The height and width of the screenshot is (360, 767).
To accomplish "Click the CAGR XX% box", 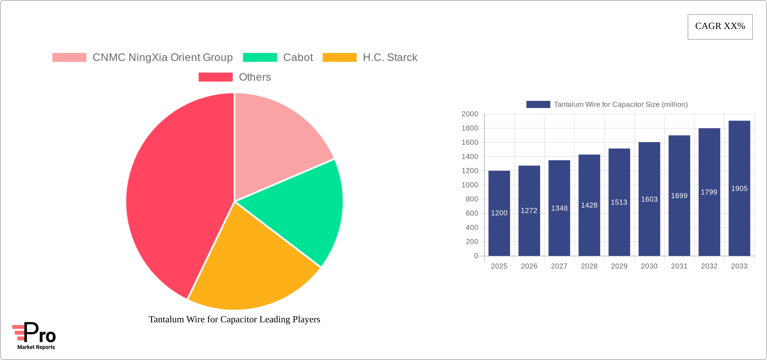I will [x=720, y=27].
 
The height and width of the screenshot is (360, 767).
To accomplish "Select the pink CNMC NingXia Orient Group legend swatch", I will [x=69, y=58].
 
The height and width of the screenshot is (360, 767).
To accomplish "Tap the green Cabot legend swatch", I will [x=260, y=58].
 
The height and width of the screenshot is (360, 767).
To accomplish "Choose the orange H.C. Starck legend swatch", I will [x=339, y=58].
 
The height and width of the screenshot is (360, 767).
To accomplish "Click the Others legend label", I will [x=255, y=77].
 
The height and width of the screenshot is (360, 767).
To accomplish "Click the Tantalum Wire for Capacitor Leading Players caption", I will [x=234, y=319].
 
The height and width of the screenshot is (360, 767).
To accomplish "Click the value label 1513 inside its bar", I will [x=619, y=202].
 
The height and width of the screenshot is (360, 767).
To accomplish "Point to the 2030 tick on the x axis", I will [x=649, y=266].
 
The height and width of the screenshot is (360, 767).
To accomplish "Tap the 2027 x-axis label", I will [x=559, y=266].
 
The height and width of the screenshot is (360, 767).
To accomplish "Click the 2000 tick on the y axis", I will [x=470, y=114].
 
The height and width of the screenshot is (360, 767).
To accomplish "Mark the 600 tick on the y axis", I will [x=472, y=213].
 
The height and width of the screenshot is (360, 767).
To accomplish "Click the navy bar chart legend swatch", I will [x=538, y=105].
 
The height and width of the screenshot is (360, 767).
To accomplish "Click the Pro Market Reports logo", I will [x=34, y=336].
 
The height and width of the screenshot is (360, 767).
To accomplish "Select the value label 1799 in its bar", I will [x=709, y=192].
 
